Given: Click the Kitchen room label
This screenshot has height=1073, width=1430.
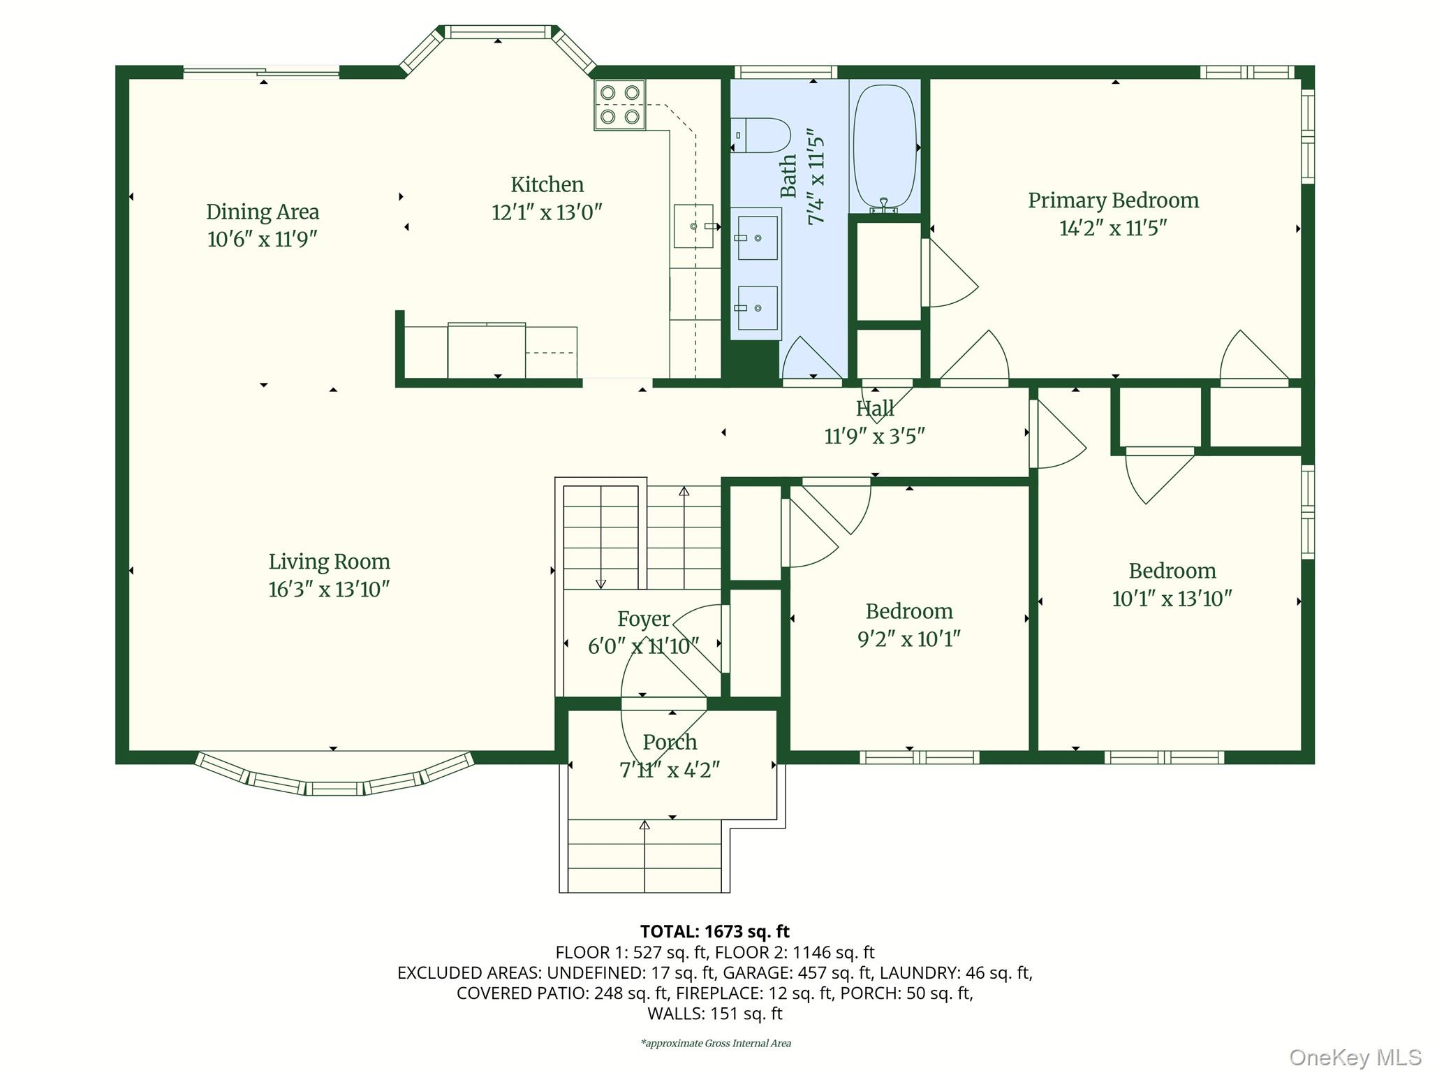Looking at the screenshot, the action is click(x=547, y=184).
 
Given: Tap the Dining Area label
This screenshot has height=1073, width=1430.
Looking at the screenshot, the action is click(x=263, y=212).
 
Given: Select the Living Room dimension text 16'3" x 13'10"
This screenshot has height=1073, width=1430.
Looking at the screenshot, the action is click(x=329, y=590).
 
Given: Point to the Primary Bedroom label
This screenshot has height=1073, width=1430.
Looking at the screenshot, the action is click(x=1113, y=200).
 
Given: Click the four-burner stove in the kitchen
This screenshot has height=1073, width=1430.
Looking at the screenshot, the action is click(x=620, y=105).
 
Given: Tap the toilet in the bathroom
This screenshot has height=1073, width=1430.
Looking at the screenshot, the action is click(x=760, y=136).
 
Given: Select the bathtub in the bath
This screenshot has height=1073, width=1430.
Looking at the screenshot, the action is click(x=885, y=148).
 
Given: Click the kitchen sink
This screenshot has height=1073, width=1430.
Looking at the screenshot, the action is click(x=694, y=226).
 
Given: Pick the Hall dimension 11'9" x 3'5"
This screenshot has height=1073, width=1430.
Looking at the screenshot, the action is click(x=875, y=437).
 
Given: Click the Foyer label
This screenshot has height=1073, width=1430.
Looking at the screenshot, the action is click(x=643, y=619).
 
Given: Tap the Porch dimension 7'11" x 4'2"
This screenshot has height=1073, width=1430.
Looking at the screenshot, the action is click(x=670, y=770).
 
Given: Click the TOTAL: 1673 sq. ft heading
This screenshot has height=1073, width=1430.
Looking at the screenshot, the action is click(x=714, y=931).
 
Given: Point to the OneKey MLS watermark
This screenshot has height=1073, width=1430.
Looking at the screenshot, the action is click(x=1355, y=1057).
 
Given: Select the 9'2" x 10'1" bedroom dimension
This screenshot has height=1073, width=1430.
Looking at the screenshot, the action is click(x=909, y=639).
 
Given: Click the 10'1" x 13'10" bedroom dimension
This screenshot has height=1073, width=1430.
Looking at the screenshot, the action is click(x=1172, y=599).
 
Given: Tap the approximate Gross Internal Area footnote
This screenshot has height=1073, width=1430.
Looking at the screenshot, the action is click(x=716, y=1043).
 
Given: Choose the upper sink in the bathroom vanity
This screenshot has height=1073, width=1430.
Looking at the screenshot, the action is click(x=758, y=238).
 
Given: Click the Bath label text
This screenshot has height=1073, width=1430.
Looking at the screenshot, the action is click(x=788, y=176).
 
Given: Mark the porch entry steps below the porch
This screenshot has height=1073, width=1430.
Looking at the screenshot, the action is click(x=644, y=856).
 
